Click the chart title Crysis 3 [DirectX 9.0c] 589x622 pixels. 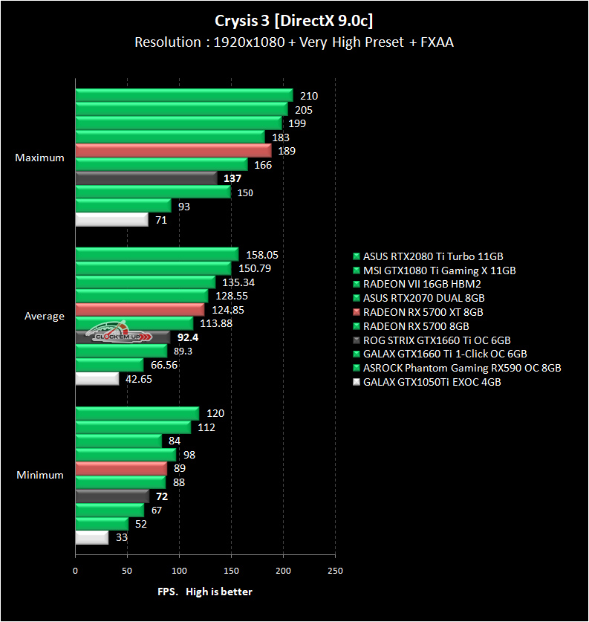294,19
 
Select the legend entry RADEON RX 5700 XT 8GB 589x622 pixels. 423,312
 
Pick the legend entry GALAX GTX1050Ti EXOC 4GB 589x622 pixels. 431,382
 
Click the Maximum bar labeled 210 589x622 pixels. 184,95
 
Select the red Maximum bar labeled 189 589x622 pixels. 173,151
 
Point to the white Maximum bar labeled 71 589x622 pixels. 111,220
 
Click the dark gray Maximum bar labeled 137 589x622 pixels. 146,178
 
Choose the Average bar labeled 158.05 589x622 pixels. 157,254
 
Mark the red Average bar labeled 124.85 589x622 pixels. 140,310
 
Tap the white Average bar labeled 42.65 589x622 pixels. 97,379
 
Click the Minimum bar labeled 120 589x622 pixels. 137,413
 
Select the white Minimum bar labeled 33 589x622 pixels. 91,537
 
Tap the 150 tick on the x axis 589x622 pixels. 231,571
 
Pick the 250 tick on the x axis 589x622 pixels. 335,571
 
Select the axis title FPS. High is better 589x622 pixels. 205,592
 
